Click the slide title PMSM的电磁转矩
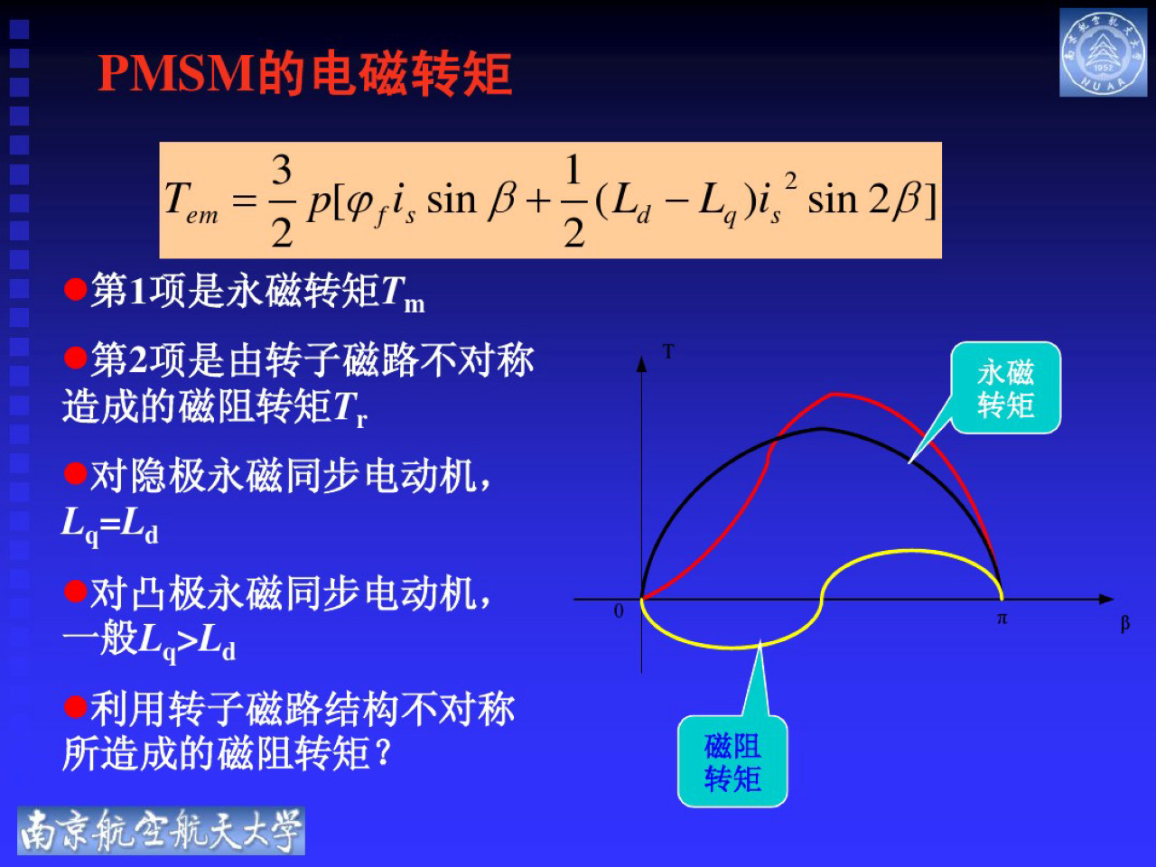pyautogui.click(x=304, y=74)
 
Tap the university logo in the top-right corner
pyautogui.click(x=1103, y=53)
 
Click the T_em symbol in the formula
pyautogui.click(x=191, y=201)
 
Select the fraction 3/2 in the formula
pyautogui.click(x=282, y=200)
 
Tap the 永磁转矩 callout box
pyautogui.click(x=1005, y=388)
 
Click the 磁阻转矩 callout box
pyautogui.click(x=732, y=761)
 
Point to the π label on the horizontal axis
pyautogui.click(x=1002, y=619)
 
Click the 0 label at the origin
pyautogui.click(x=619, y=611)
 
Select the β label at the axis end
pyautogui.click(x=1124, y=623)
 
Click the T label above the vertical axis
pyautogui.click(x=668, y=351)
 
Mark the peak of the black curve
pyautogui.click(x=822, y=428)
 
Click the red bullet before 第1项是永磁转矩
pyautogui.click(x=75, y=290)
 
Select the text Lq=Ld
pyautogui.click(x=109, y=525)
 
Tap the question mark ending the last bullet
pyautogui.click(x=383, y=751)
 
